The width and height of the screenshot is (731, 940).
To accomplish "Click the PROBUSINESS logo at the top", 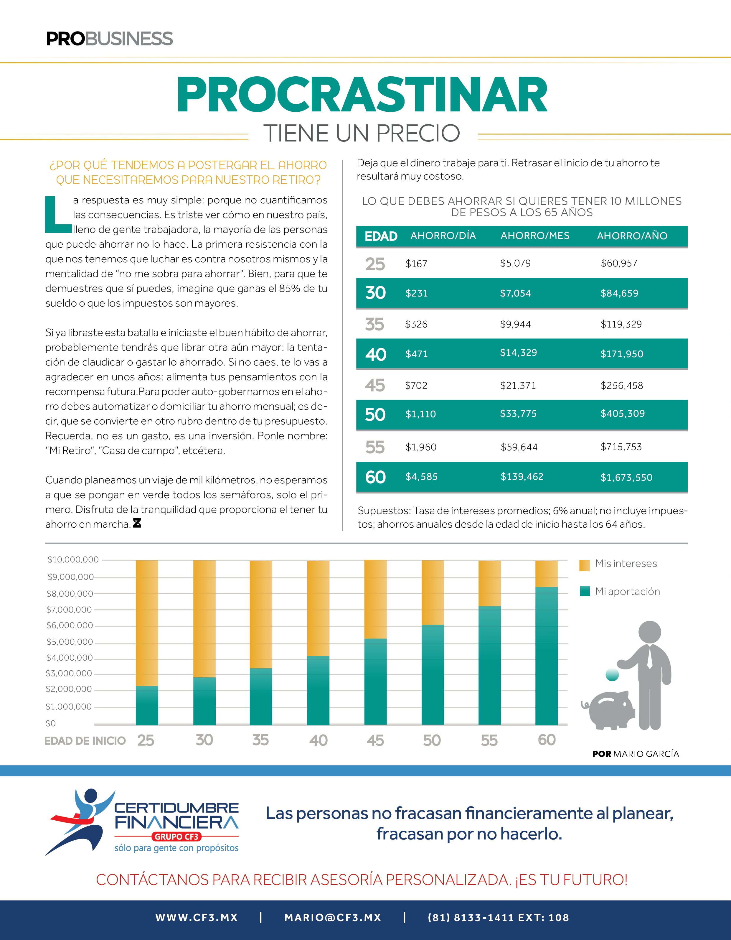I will [109, 39].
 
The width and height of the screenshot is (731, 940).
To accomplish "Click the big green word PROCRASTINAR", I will [362, 95].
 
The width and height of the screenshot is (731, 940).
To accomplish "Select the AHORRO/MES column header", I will [535, 236].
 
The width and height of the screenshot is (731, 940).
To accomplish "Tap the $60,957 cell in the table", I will [619, 264].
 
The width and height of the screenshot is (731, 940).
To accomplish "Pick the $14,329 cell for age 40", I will [518, 353].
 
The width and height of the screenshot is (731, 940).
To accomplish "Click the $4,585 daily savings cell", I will [421, 476].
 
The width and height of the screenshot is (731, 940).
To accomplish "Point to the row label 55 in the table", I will [375, 447].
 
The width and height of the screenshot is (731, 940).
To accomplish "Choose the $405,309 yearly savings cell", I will [622, 414].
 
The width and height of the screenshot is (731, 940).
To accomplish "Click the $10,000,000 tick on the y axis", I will [73, 559].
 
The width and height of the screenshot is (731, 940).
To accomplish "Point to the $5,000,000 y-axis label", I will [70, 642].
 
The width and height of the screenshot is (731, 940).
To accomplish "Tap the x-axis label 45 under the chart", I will [375, 740].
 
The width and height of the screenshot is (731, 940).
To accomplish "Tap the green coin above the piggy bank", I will [612, 675].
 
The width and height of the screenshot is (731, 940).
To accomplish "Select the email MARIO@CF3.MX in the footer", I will [333, 918].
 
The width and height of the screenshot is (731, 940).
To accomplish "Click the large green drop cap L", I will [57, 214].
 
